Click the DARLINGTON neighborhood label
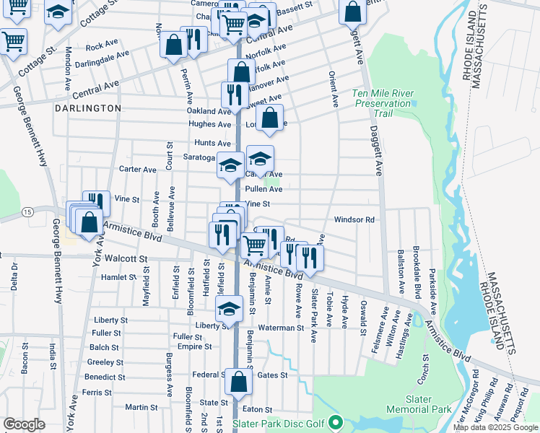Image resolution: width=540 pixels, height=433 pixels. click(87, 108)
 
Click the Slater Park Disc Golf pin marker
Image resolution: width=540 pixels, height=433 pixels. click(334, 422)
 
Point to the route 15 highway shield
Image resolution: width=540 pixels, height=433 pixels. click(27, 211)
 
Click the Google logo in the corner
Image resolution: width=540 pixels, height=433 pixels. click(24, 424)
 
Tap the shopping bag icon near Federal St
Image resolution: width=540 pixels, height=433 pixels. click(238, 380)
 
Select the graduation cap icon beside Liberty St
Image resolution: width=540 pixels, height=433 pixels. click(229, 309)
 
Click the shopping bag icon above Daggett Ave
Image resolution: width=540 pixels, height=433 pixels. click(352, 11)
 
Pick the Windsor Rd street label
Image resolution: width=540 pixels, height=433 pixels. click(354, 219)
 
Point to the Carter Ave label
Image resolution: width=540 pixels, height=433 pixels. click(137, 170)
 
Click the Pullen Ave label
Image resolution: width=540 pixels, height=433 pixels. click(264, 189)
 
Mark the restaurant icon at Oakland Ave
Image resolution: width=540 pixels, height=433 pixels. click(235, 94)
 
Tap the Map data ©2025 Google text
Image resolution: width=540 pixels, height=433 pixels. click(495, 427)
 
